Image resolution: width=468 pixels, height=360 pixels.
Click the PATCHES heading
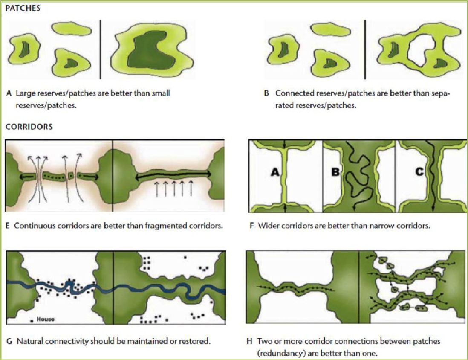tap(24, 9)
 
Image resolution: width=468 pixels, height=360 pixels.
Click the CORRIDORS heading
tap(29, 127)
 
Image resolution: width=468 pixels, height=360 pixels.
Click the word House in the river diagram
tap(46, 319)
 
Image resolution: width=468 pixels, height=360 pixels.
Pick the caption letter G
tap(9, 341)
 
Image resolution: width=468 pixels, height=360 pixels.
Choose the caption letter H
tap(250, 341)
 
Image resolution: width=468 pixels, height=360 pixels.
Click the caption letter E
tap(9, 226)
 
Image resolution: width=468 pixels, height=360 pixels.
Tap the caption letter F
tap(251, 226)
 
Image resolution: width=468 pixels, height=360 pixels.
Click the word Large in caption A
tap(24, 93)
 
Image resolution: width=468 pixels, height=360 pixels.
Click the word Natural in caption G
tap(28, 341)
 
